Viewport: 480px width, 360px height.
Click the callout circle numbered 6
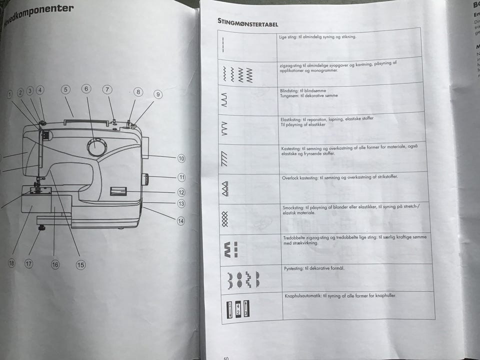click(x=86, y=89)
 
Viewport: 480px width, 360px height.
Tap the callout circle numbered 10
click(x=181, y=158)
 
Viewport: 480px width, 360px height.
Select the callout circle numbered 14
click(x=180, y=221)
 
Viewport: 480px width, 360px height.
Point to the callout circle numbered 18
click(x=11, y=263)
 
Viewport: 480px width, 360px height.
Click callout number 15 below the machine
click(x=80, y=265)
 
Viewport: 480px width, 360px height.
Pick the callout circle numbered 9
click(x=157, y=94)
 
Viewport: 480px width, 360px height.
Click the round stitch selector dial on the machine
click(x=96, y=147)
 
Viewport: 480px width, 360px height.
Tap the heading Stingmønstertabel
click(x=248, y=22)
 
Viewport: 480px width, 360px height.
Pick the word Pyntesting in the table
click(x=293, y=268)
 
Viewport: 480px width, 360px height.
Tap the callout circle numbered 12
click(x=181, y=192)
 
